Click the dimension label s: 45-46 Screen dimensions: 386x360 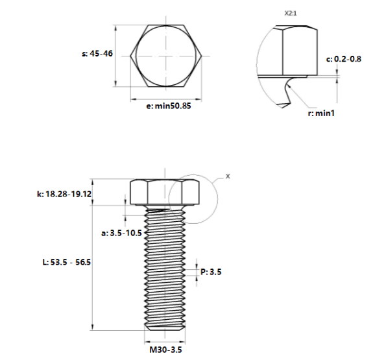click(x=97, y=53)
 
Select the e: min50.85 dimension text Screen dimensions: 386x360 click(x=169, y=106)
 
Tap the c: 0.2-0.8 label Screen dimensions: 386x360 click(x=344, y=59)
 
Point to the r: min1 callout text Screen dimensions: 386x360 click(x=321, y=114)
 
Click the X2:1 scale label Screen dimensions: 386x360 click(x=291, y=13)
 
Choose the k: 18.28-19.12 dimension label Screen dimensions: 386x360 click(x=64, y=194)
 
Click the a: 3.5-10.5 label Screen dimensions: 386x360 click(x=121, y=233)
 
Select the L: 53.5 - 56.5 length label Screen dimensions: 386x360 click(x=67, y=262)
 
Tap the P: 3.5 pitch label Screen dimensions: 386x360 click(x=211, y=272)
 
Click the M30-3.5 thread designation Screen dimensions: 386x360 click(x=165, y=350)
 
